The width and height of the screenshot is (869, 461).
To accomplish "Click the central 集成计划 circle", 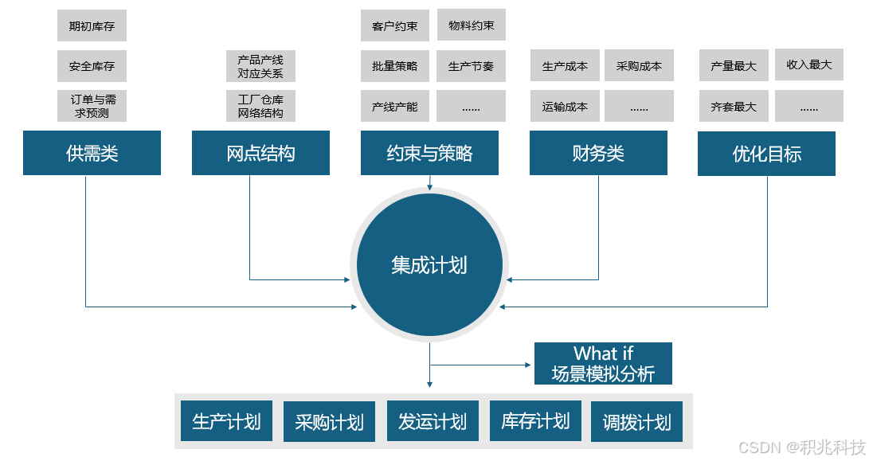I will [429, 265].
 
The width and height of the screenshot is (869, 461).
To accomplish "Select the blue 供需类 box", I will [92, 153].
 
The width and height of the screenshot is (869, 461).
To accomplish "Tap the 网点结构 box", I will [260, 153].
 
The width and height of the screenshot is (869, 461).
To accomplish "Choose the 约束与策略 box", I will [429, 153].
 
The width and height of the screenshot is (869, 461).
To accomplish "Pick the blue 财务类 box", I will [598, 153].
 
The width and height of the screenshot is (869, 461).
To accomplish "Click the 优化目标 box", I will [766, 154].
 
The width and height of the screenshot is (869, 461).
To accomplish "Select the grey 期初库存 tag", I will [92, 25].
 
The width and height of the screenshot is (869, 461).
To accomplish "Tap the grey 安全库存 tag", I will [92, 65].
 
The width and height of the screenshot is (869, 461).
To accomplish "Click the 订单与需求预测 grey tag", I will [92, 106].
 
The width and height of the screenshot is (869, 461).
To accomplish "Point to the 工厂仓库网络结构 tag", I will [260, 106].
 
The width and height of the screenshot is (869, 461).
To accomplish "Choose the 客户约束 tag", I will [395, 25].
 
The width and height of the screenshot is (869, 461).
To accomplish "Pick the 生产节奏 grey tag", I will [471, 66].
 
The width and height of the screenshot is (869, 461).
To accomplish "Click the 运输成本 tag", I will [565, 106].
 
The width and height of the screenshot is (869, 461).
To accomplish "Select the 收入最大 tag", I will [808, 64].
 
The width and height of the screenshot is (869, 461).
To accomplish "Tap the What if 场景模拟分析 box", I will [603, 364].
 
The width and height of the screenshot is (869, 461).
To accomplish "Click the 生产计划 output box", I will [226, 421].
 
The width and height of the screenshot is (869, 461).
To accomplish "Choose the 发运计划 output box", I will [433, 421].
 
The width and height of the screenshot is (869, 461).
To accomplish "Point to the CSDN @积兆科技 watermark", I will [801, 447].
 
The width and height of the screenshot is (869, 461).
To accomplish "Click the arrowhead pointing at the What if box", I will [527, 365].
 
